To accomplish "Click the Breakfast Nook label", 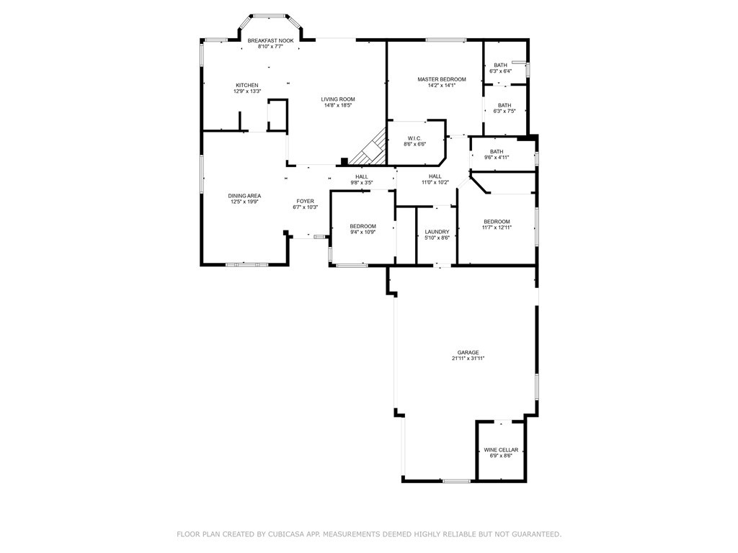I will [270, 41].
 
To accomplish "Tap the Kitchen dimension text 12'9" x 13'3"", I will [246, 91].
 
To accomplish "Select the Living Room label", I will [338, 99].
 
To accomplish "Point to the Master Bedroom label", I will [442, 79].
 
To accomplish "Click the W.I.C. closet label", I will [414, 138].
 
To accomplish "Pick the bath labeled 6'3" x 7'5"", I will [504, 105].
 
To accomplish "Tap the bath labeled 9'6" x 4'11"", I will [497, 151].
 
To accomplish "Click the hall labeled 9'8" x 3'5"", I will [362, 176].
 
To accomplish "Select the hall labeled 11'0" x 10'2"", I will [435, 176].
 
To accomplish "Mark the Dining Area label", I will [244, 196].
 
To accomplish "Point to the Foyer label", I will [306, 201].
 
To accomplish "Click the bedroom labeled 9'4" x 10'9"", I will [363, 226].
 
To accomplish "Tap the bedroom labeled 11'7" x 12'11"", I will [497, 222].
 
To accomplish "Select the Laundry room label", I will [437, 231].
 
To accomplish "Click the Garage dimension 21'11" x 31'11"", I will [468, 358].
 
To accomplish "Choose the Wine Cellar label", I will [501, 450].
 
